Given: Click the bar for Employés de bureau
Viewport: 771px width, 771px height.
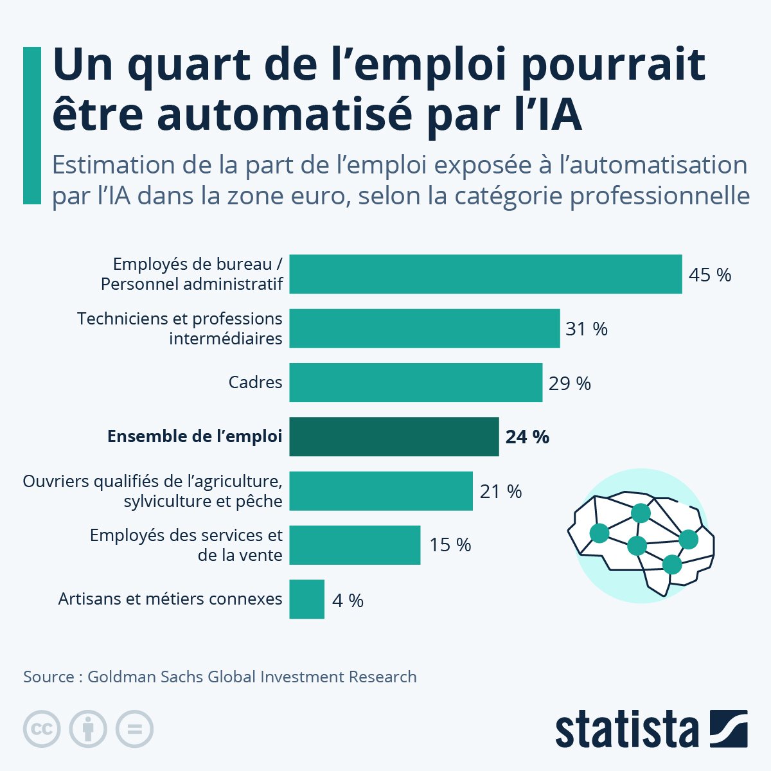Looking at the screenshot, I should click(x=485, y=274).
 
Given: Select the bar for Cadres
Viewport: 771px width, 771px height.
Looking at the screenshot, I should click(x=416, y=382).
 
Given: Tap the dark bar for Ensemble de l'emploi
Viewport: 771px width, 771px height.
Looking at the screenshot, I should click(x=394, y=437).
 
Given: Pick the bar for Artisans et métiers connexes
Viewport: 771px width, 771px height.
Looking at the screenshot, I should click(x=307, y=599).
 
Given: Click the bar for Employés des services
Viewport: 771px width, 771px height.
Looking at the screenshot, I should click(x=355, y=545).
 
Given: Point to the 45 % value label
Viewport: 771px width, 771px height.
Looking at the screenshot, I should click(x=709, y=275).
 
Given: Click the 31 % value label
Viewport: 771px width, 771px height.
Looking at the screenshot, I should click(x=586, y=329).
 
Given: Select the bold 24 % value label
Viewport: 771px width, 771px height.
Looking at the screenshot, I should click(x=527, y=437).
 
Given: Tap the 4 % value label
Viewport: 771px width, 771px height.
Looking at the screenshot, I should click(x=348, y=600).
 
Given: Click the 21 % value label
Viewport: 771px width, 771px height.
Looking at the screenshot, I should click(x=501, y=492).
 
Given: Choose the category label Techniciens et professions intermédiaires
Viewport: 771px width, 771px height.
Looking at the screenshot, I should click(x=180, y=328).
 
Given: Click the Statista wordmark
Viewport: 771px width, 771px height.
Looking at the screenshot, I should click(x=627, y=730).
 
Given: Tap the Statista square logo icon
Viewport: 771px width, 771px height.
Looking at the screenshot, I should click(x=729, y=729).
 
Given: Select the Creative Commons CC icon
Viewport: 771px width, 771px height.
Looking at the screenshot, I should click(x=42, y=729).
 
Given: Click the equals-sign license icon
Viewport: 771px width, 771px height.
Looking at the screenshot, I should click(x=134, y=729).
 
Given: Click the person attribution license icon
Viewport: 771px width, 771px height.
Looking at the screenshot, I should click(x=88, y=729).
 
